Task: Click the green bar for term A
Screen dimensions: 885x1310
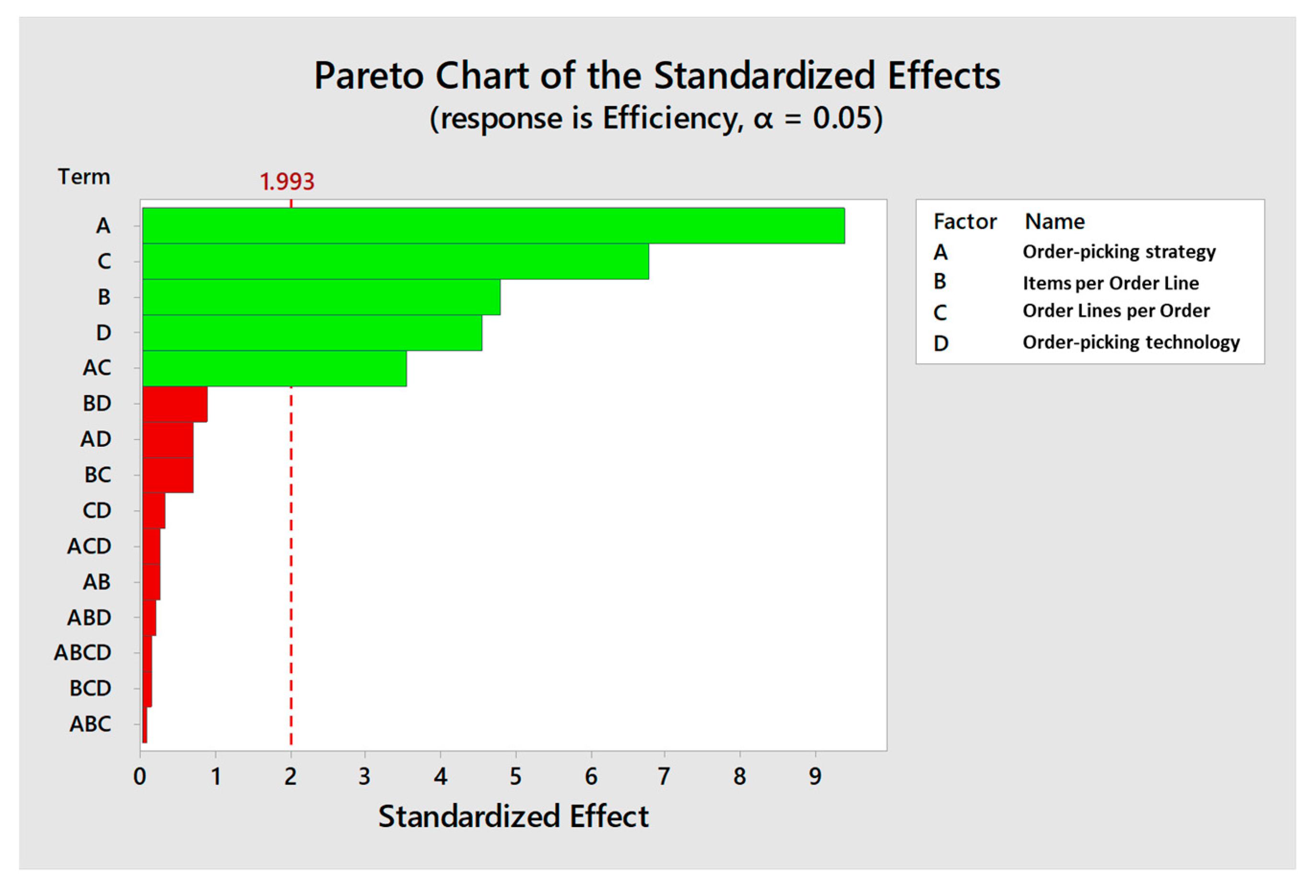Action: tap(493, 225)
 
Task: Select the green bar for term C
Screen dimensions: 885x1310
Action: tap(395, 261)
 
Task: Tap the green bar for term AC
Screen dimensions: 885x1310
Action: tap(274, 368)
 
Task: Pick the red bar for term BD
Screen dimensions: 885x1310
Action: tap(175, 404)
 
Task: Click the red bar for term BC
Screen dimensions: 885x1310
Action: tap(167, 475)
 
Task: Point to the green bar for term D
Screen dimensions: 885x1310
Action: tap(312, 333)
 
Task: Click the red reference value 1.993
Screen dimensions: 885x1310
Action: tap(286, 182)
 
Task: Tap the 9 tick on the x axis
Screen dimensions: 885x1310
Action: tap(815, 777)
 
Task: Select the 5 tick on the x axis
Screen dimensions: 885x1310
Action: tap(515, 777)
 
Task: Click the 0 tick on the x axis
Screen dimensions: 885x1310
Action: tap(140, 777)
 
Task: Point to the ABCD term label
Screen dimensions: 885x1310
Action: tap(82, 653)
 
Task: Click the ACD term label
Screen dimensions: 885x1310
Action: tap(89, 546)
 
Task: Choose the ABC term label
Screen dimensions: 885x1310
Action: tap(90, 724)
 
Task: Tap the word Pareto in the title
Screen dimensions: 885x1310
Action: tap(369, 76)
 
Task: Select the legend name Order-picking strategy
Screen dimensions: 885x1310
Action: tap(1119, 251)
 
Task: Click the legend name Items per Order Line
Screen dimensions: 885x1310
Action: tap(1111, 282)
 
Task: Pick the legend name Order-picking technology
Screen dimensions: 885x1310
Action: tap(1131, 342)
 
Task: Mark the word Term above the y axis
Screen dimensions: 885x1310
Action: tap(83, 177)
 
